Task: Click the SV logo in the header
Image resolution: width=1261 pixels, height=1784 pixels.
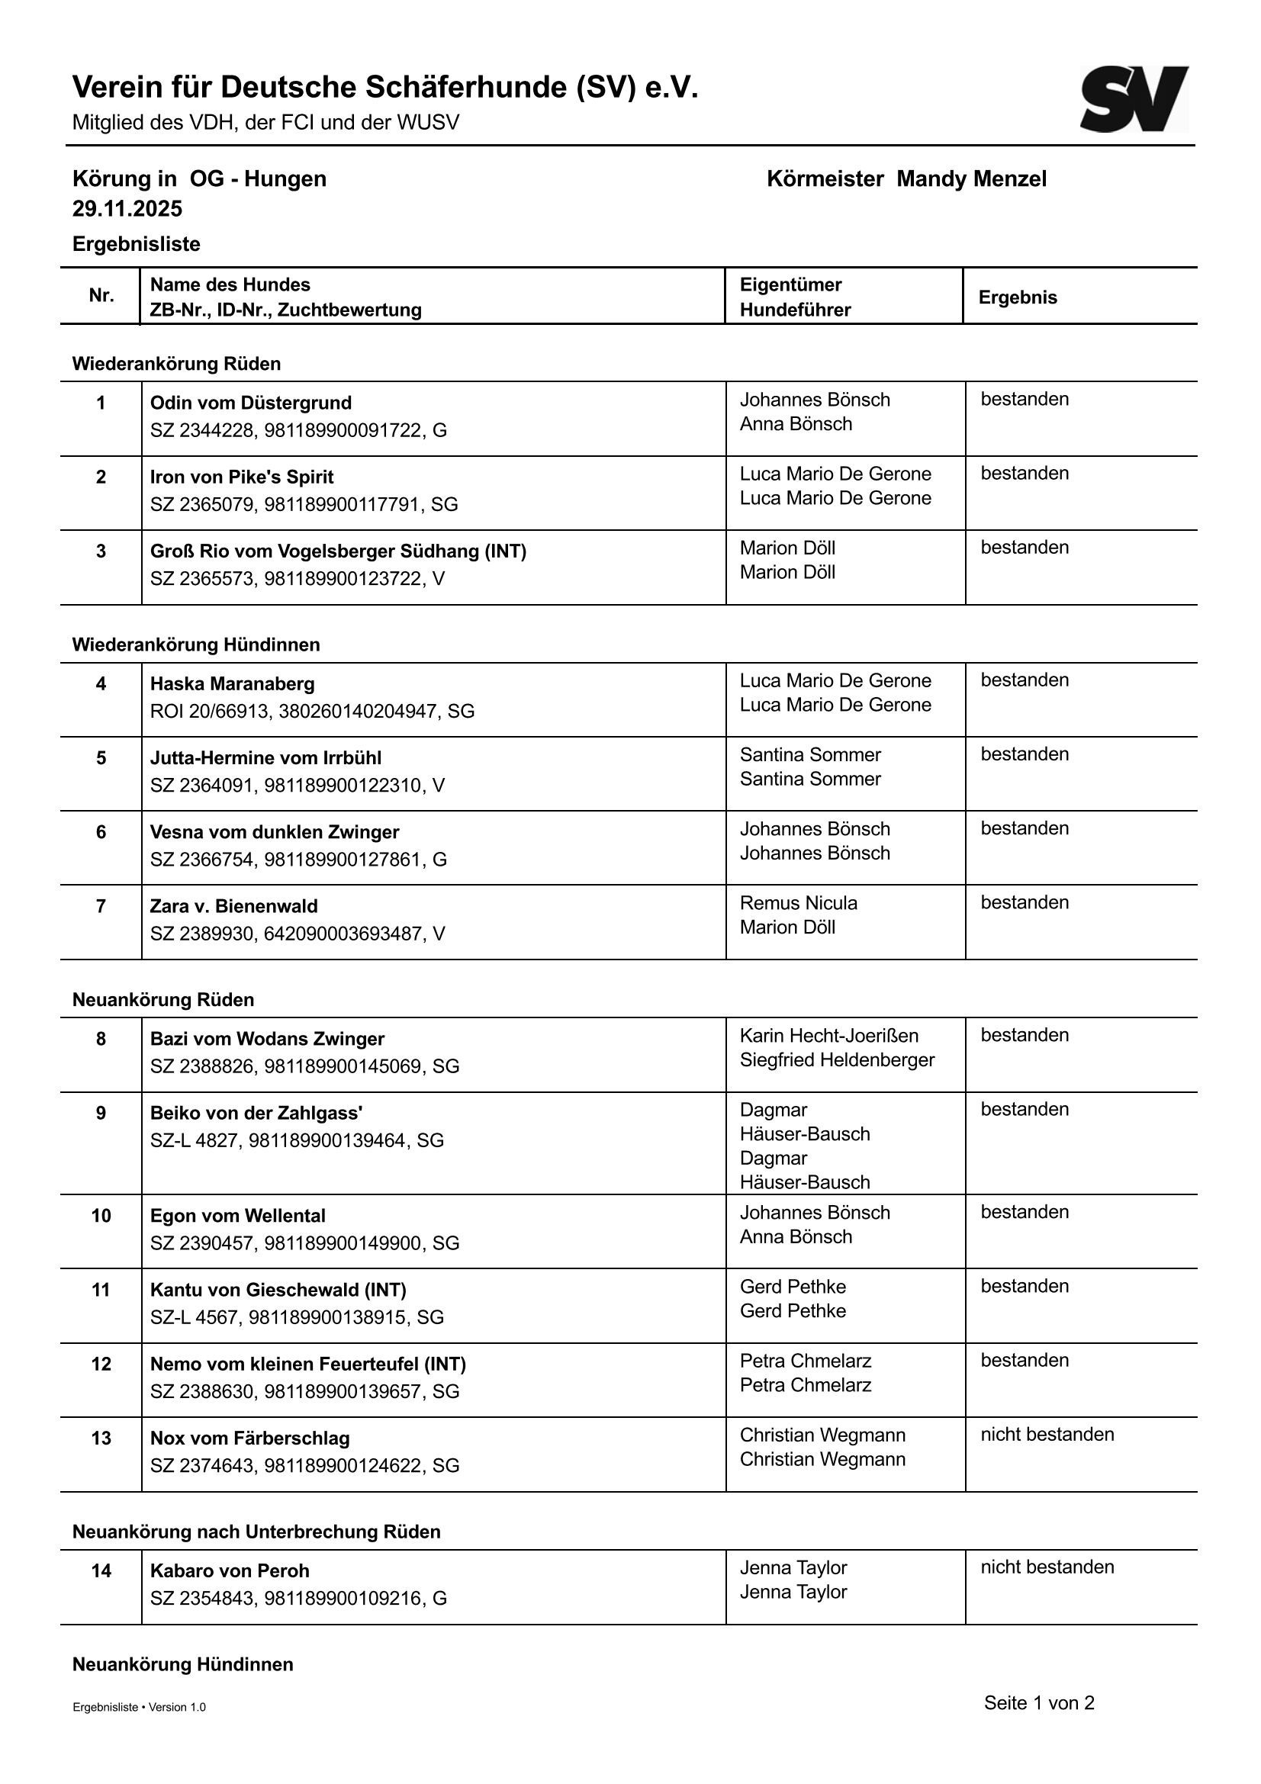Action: pyautogui.click(x=1134, y=98)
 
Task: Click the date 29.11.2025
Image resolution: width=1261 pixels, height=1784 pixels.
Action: pyautogui.click(x=127, y=209)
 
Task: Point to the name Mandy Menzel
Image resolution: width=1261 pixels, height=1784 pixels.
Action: pyautogui.click(x=971, y=179)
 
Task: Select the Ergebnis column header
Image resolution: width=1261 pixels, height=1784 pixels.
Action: pyautogui.click(x=1018, y=297)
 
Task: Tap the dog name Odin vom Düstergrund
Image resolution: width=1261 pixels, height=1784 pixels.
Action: pyautogui.click(x=250, y=403)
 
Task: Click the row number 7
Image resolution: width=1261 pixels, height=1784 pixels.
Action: pyautogui.click(x=101, y=906)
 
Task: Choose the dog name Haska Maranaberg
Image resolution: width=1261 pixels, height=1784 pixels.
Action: pyautogui.click(x=233, y=684)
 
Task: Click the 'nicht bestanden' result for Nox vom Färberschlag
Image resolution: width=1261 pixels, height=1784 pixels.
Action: pyautogui.click(x=1047, y=1435)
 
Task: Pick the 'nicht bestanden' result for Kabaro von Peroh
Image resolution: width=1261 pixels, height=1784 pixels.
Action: pyautogui.click(x=1047, y=1567)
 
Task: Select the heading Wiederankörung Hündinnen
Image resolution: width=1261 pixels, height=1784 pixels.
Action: pyautogui.click(x=196, y=645)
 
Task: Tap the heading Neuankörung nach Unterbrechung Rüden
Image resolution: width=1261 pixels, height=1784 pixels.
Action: pyautogui.click(x=256, y=1532)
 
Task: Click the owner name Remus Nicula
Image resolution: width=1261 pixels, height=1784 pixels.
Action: pyautogui.click(x=798, y=903)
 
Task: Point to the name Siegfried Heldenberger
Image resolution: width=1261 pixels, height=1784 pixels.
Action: pyautogui.click(x=837, y=1060)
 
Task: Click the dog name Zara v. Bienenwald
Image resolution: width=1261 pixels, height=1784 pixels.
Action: pyautogui.click(x=234, y=906)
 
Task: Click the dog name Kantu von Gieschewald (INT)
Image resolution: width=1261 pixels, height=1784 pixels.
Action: pyautogui.click(x=278, y=1291)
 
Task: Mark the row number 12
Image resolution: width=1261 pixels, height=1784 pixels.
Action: pyautogui.click(x=101, y=1365)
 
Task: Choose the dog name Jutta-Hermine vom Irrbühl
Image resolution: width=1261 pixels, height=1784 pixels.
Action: pyautogui.click(x=265, y=758)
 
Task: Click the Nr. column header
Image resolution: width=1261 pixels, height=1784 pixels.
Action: pyautogui.click(x=101, y=296)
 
